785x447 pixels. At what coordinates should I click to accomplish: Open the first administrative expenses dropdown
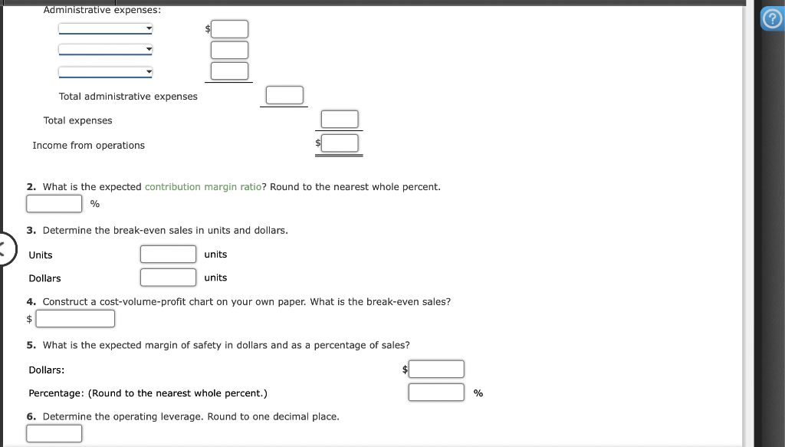[x=106, y=28]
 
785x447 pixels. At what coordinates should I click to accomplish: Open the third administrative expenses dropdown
[x=106, y=72]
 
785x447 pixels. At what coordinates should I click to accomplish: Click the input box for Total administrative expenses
[x=284, y=95]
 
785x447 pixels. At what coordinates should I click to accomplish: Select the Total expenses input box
[x=340, y=120]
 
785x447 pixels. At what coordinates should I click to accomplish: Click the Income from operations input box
[x=340, y=143]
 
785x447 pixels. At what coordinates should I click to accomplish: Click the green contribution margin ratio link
[x=203, y=187]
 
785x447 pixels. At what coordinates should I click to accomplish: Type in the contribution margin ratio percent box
[x=54, y=203]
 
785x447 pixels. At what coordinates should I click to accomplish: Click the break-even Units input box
[x=168, y=254]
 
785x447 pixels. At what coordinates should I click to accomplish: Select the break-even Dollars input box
[x=168, y=277]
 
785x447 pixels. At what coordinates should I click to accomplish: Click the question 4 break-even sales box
[x=75, y=318]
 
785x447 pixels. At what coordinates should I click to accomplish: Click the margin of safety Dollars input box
[x=436, y=370]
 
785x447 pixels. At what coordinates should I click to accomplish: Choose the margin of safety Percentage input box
[x=436, y=393]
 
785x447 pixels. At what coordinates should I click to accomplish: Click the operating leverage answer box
[x=54, y=433]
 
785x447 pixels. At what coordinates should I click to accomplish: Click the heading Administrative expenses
[x=102, y=10]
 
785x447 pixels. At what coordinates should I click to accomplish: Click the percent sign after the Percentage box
[x=478, y=393]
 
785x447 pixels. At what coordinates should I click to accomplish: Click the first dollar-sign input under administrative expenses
[x=230, y=29]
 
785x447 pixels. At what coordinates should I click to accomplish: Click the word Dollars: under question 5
[x=47, y=370]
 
